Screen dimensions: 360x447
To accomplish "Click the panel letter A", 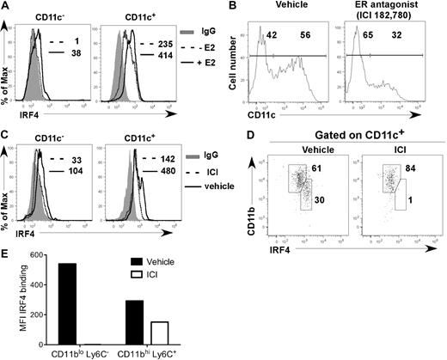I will tap(6, 7).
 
